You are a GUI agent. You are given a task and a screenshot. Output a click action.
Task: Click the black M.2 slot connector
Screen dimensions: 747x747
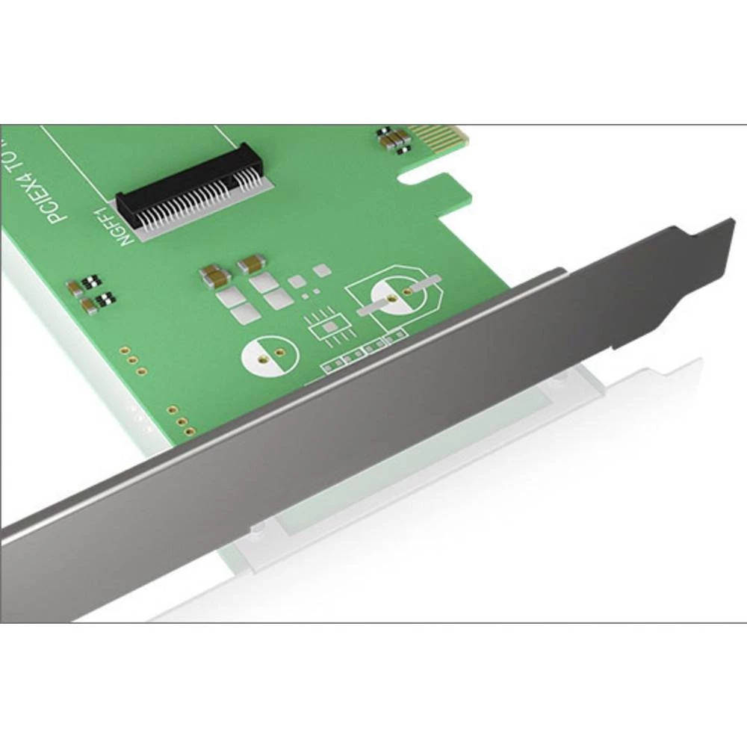point(187,187)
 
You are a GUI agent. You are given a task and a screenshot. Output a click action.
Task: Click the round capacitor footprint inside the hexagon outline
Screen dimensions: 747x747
point(395,296)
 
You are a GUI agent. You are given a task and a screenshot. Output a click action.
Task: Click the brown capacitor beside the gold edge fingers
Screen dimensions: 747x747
point(396,138)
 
